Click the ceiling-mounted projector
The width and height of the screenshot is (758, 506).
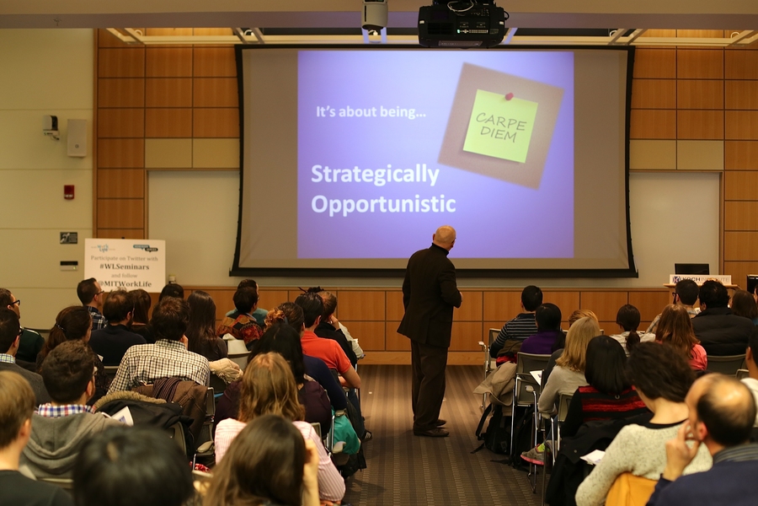(x=462, y=23)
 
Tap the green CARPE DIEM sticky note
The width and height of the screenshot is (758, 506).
(x=500, y=126)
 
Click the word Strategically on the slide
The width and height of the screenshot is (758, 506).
(x=375, y=175)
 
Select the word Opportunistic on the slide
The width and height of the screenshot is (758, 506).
(x=383, y=204)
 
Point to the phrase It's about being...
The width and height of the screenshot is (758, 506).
(x=371, y=110)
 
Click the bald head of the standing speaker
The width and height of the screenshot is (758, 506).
(x=444, y=236)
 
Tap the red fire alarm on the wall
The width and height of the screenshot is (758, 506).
(x=69, y=191)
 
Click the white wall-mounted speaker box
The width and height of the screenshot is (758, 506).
(x=77, y=137)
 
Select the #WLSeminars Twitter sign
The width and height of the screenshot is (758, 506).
(x=124, y=264)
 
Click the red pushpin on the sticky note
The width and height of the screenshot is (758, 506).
(x=509, y=96)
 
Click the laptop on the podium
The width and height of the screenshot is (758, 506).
(x=691, y=269)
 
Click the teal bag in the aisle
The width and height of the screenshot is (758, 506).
(x=345, y=432)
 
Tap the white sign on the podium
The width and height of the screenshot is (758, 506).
(x=700, y=279)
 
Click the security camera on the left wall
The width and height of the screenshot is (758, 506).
(x=51, y=126)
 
